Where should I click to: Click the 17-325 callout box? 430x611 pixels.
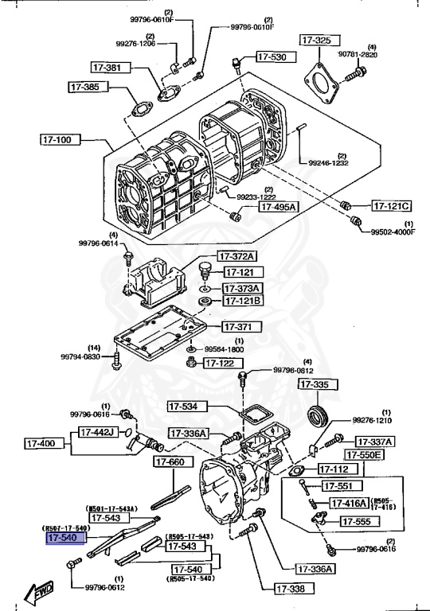point(316,39)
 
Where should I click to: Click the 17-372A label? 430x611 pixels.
point(239,256)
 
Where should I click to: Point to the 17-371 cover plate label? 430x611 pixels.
point(237,326)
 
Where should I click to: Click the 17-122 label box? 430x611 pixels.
point(222,363)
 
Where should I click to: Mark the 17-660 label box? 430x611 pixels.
point(170,461)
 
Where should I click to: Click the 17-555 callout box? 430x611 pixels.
point(358,521)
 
